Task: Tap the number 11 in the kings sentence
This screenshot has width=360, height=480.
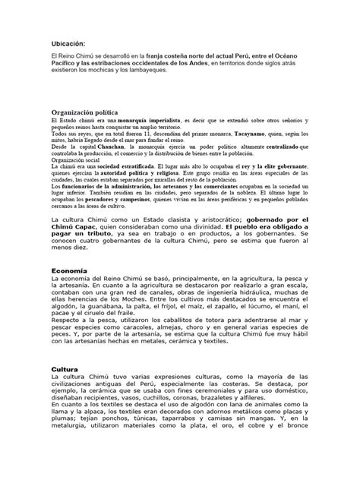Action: point(135,133)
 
